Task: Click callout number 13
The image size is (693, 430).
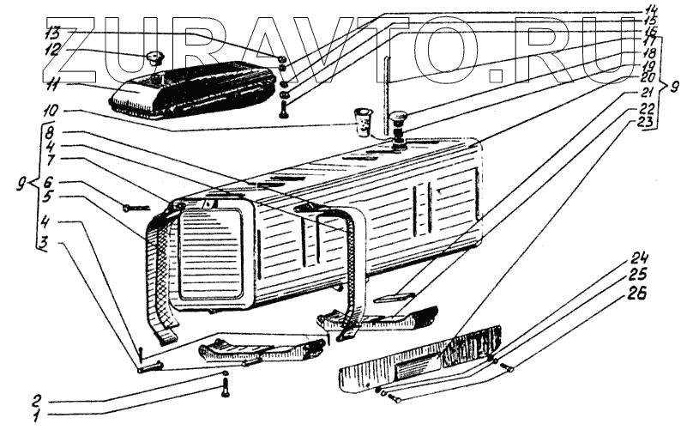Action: click(x=53, y=33)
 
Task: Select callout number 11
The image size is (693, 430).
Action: click(x=53, y=84)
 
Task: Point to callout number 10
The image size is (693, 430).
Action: click(x=53, y=112)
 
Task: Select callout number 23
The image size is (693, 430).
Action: click(x=644, y=123)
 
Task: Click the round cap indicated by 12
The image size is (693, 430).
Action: click(x=155, y=58)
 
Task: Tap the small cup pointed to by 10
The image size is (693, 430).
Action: click(x=364, y=119)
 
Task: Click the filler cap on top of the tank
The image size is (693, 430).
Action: click(x=398, y=120)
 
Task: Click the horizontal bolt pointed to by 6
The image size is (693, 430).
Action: click(x=136, y=207)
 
